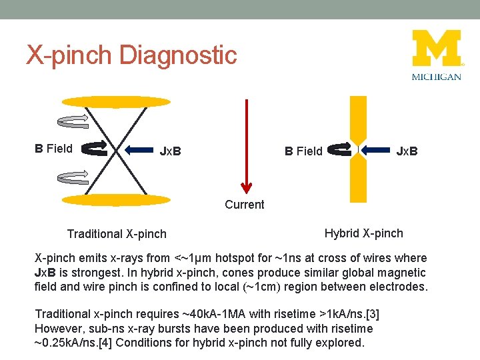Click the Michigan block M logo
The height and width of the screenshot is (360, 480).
(x=437, y=48)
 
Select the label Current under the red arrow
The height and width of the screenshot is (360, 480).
(x=244, y=205)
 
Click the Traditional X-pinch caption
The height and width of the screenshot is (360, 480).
(x=117, y=234)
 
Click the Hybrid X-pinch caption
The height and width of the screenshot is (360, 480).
(x=363, y=233)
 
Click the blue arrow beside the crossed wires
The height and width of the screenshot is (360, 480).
(x=139, y=150)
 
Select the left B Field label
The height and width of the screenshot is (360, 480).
(x=54, y=149)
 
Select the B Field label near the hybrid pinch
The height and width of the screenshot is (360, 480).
(x=303, y=151)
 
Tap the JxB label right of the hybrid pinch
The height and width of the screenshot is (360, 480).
(x=407, y=151)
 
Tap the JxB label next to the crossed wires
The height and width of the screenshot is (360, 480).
(x=171, y=151)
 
